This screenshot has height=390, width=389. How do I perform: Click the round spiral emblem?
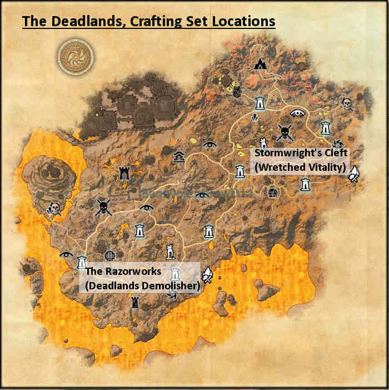click(76, 56)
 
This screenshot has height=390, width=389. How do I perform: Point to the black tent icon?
click(259, 65)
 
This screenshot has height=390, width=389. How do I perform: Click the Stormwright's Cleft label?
click(300, 153)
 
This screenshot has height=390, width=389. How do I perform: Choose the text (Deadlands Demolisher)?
click(142, 286)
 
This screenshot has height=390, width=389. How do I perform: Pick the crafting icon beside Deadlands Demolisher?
click(208, 274)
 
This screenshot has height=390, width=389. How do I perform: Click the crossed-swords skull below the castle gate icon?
click(103, 207)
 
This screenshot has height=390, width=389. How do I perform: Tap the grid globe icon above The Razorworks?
click(110, 255)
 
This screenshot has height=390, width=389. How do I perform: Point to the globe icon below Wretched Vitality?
click(272, 192)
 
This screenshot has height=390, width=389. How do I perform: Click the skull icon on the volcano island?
click(53, 209)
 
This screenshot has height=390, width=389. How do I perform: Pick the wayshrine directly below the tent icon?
click(259, 103)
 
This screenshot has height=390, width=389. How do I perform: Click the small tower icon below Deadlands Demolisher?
click(135, 303)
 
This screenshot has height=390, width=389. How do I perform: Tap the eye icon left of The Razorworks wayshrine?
click(66, 254)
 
